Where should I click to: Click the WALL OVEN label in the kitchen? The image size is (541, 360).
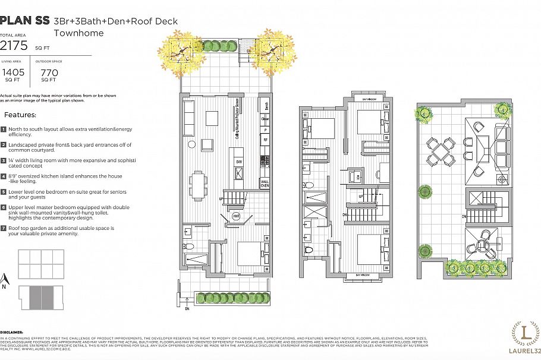(265, 184)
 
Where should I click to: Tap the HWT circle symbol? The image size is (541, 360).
(235, 216)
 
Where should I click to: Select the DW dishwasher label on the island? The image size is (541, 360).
(238, 162)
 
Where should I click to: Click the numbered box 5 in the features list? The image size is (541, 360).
(4, 192)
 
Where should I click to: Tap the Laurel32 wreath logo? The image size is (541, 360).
(525, 330)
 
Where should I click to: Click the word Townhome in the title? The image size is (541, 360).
(78, 33)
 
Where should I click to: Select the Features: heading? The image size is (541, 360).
(20, 115)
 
